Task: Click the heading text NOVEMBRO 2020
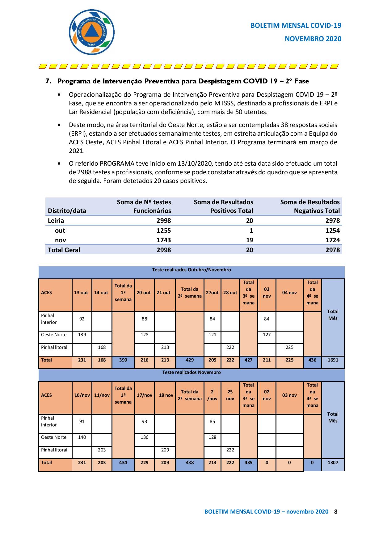pos(313,39)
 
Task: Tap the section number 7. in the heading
pos(48,81)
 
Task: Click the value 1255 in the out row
pos(163,231)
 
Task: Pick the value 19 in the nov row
pos(249,240)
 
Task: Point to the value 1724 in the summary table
pos(332,240)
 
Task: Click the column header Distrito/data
pos(67,211)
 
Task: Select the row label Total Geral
pos(64,250)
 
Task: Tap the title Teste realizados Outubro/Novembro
pos(192,270)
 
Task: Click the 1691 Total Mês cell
pos(333,360)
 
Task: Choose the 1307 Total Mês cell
pos(333,463)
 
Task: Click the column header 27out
pos(212,293)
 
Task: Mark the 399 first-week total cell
pos(123,360)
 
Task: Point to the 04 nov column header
pos(289,293)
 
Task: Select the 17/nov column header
pos(144,395)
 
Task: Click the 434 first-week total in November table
pos(123,463)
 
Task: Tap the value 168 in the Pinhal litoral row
pos(102,347)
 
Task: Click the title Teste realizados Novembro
pos(192,372)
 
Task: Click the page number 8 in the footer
pos(336,511)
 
